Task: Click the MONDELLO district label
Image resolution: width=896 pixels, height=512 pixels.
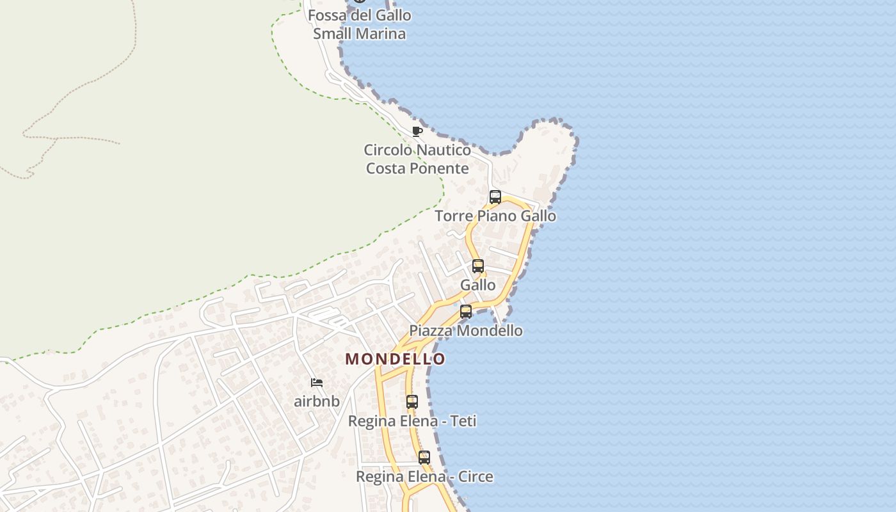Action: coord(395,359)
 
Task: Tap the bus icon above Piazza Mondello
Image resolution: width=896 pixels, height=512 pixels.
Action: coord(466,312)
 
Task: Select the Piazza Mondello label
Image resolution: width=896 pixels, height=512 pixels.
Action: coord(466,331)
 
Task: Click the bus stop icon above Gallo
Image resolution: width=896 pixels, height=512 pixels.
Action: coord(478,266)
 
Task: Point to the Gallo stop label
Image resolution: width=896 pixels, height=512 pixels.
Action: coord(478,285)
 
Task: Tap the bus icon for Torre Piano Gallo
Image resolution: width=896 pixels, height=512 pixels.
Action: coord(495,197)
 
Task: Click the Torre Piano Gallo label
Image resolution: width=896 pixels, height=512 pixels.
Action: coord(495,216)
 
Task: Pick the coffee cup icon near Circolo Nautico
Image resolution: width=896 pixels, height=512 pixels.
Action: coord(417,132)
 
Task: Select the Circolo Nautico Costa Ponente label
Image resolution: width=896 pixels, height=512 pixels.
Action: coord(417,159)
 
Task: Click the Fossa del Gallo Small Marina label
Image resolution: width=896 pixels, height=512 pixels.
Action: coord(360,24)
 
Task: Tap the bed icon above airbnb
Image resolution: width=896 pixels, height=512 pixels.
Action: coord(317,383)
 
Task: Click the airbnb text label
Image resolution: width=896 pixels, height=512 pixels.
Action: coord(317,402)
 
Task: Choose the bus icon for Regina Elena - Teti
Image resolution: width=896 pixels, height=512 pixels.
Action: coord(412,402)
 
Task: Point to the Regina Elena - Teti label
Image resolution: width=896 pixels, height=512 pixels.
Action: coord(412,422)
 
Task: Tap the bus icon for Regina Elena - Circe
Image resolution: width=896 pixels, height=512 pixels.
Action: coord(424,458)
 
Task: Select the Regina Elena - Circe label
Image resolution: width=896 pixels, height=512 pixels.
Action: coord(424,477)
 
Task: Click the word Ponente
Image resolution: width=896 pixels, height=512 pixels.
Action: coord(440,169)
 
